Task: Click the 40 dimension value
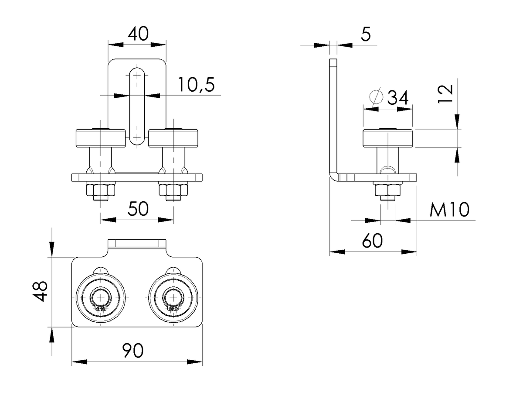click(138, 34)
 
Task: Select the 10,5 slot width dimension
click(196, 85)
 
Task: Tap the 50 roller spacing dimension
click(138, 209)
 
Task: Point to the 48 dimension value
click(40, 291)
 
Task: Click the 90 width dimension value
click(133, 350)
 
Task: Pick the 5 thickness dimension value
click(366, 34)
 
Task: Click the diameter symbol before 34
click(376, 97)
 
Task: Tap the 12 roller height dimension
click(445, 94)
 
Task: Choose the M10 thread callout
click(449, 210)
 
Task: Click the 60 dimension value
click(372, 241)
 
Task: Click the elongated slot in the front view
click(137, 107)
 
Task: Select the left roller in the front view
click(101, 138)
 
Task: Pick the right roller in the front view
click(173, 138)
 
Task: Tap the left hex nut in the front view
click(101, 190)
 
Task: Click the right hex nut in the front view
click(173, 190)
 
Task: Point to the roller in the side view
click(387, 138)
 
